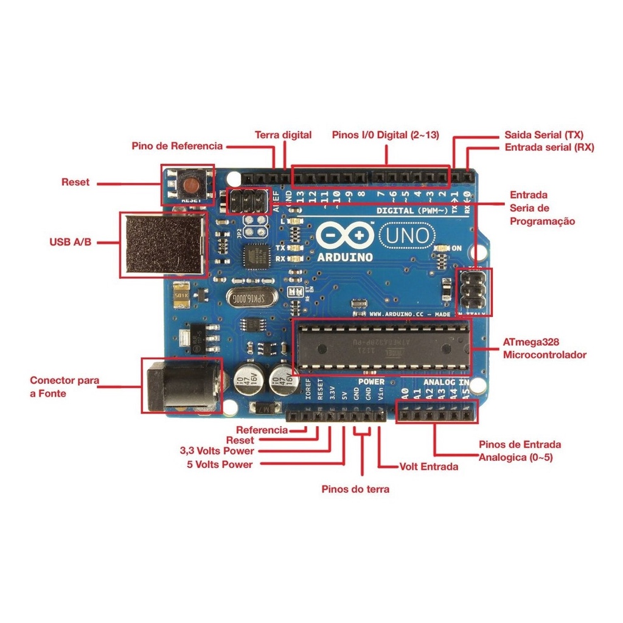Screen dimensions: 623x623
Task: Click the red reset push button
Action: click(190, 184)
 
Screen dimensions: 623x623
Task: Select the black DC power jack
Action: click(181, 385)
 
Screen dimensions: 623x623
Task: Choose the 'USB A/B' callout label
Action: click(71, 242)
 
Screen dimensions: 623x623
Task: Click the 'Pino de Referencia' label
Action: click(178, 146)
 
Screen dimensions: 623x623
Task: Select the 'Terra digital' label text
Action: click(283, 135)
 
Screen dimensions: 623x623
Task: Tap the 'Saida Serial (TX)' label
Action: click(545, 135)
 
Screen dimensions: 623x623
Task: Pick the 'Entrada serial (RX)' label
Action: click(549, 147)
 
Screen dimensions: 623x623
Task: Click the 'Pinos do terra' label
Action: click(355, 489)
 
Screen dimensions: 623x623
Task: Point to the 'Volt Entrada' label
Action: click(429, 467)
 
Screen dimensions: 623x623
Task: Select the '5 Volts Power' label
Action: click(220, 464)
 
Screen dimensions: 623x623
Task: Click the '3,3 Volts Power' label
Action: click(217, 451)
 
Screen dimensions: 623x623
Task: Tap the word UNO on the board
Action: click(408, 234)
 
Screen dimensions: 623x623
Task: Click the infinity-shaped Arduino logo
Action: click(344, 235)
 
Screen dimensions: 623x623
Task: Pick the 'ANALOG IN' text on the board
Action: click(447, 382)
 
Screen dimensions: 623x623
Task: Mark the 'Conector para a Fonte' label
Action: click(64, 387)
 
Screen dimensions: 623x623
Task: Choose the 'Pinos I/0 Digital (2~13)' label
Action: click(386, 135)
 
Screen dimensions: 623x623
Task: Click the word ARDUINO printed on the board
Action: click(345, 257)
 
